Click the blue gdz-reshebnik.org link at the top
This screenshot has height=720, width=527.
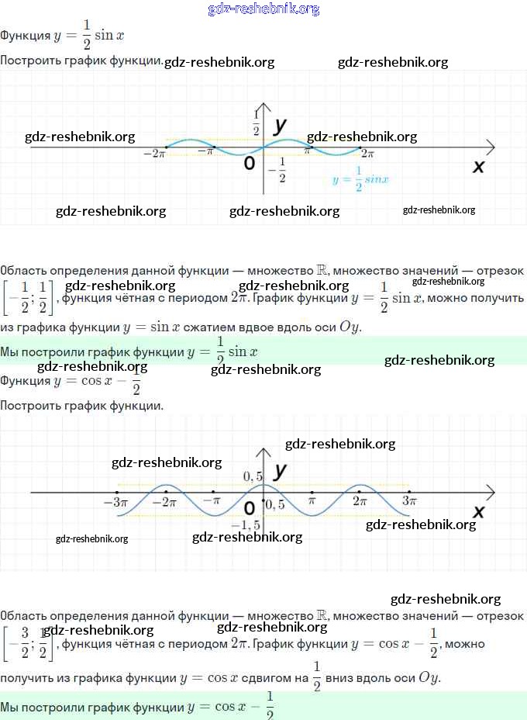coord(263,9)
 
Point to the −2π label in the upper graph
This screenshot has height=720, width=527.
coord(155,154)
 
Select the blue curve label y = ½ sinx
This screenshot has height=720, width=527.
coord(360,178)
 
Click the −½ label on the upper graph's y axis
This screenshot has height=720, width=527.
coord(277,169)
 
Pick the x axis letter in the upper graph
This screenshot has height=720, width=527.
coord(478,166)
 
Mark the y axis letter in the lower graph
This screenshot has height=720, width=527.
coord(281,470)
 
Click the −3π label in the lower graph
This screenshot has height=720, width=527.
coord(115,502)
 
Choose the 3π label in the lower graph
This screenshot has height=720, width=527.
coord(409,502)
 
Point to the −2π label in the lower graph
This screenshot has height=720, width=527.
coord(164,502)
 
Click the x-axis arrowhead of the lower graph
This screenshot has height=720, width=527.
coord(491,493)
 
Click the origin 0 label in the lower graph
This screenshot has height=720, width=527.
coord(249,508)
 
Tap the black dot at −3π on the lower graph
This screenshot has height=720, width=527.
coord(116,492)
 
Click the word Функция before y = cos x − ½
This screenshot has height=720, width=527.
coord(26,380)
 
